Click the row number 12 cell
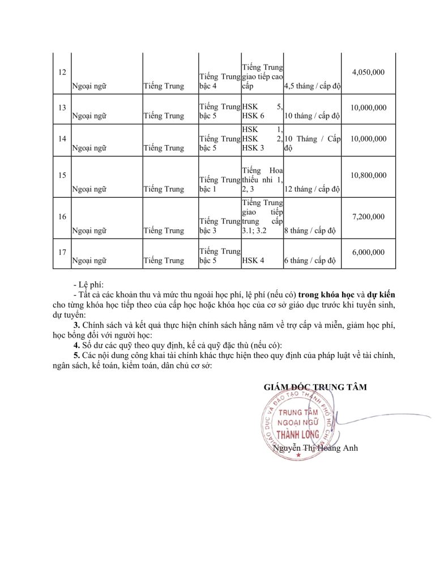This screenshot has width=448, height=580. [x=62, y=72]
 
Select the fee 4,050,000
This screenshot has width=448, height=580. [x=368, y=72]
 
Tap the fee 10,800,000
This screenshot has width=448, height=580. [x=368, y=175]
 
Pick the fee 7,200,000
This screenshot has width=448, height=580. [x=368, y=216]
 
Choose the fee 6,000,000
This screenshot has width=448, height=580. [x=368, y=252]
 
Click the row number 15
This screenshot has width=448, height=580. [x=62, y=175]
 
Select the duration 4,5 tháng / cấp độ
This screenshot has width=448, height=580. [x=312, y=87]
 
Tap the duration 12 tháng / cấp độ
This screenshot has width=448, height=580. [x=312, y=189]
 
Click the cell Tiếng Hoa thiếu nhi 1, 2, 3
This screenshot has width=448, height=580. [x=262, y=180]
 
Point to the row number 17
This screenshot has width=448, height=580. [x=62, y=252]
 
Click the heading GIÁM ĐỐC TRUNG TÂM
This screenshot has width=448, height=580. [x=315, y=387]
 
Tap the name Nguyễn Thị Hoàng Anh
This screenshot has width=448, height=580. [x=315, y=448]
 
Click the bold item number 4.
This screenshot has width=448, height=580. [x=76, y=346]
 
